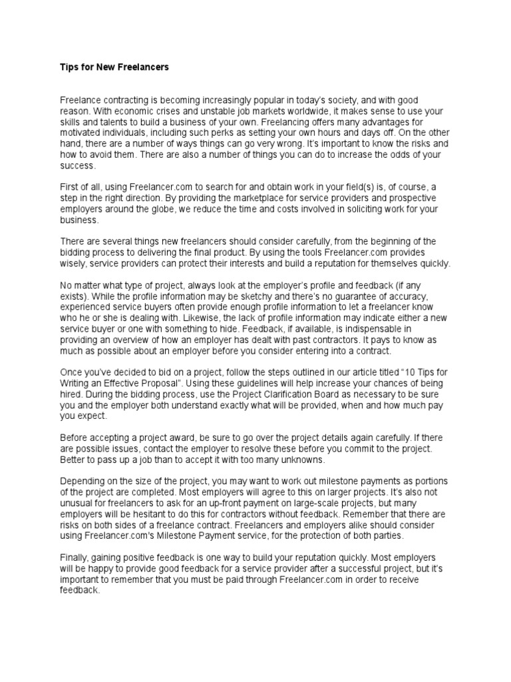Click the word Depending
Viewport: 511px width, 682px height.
(83, 481)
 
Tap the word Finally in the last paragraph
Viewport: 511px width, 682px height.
(75, 556)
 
